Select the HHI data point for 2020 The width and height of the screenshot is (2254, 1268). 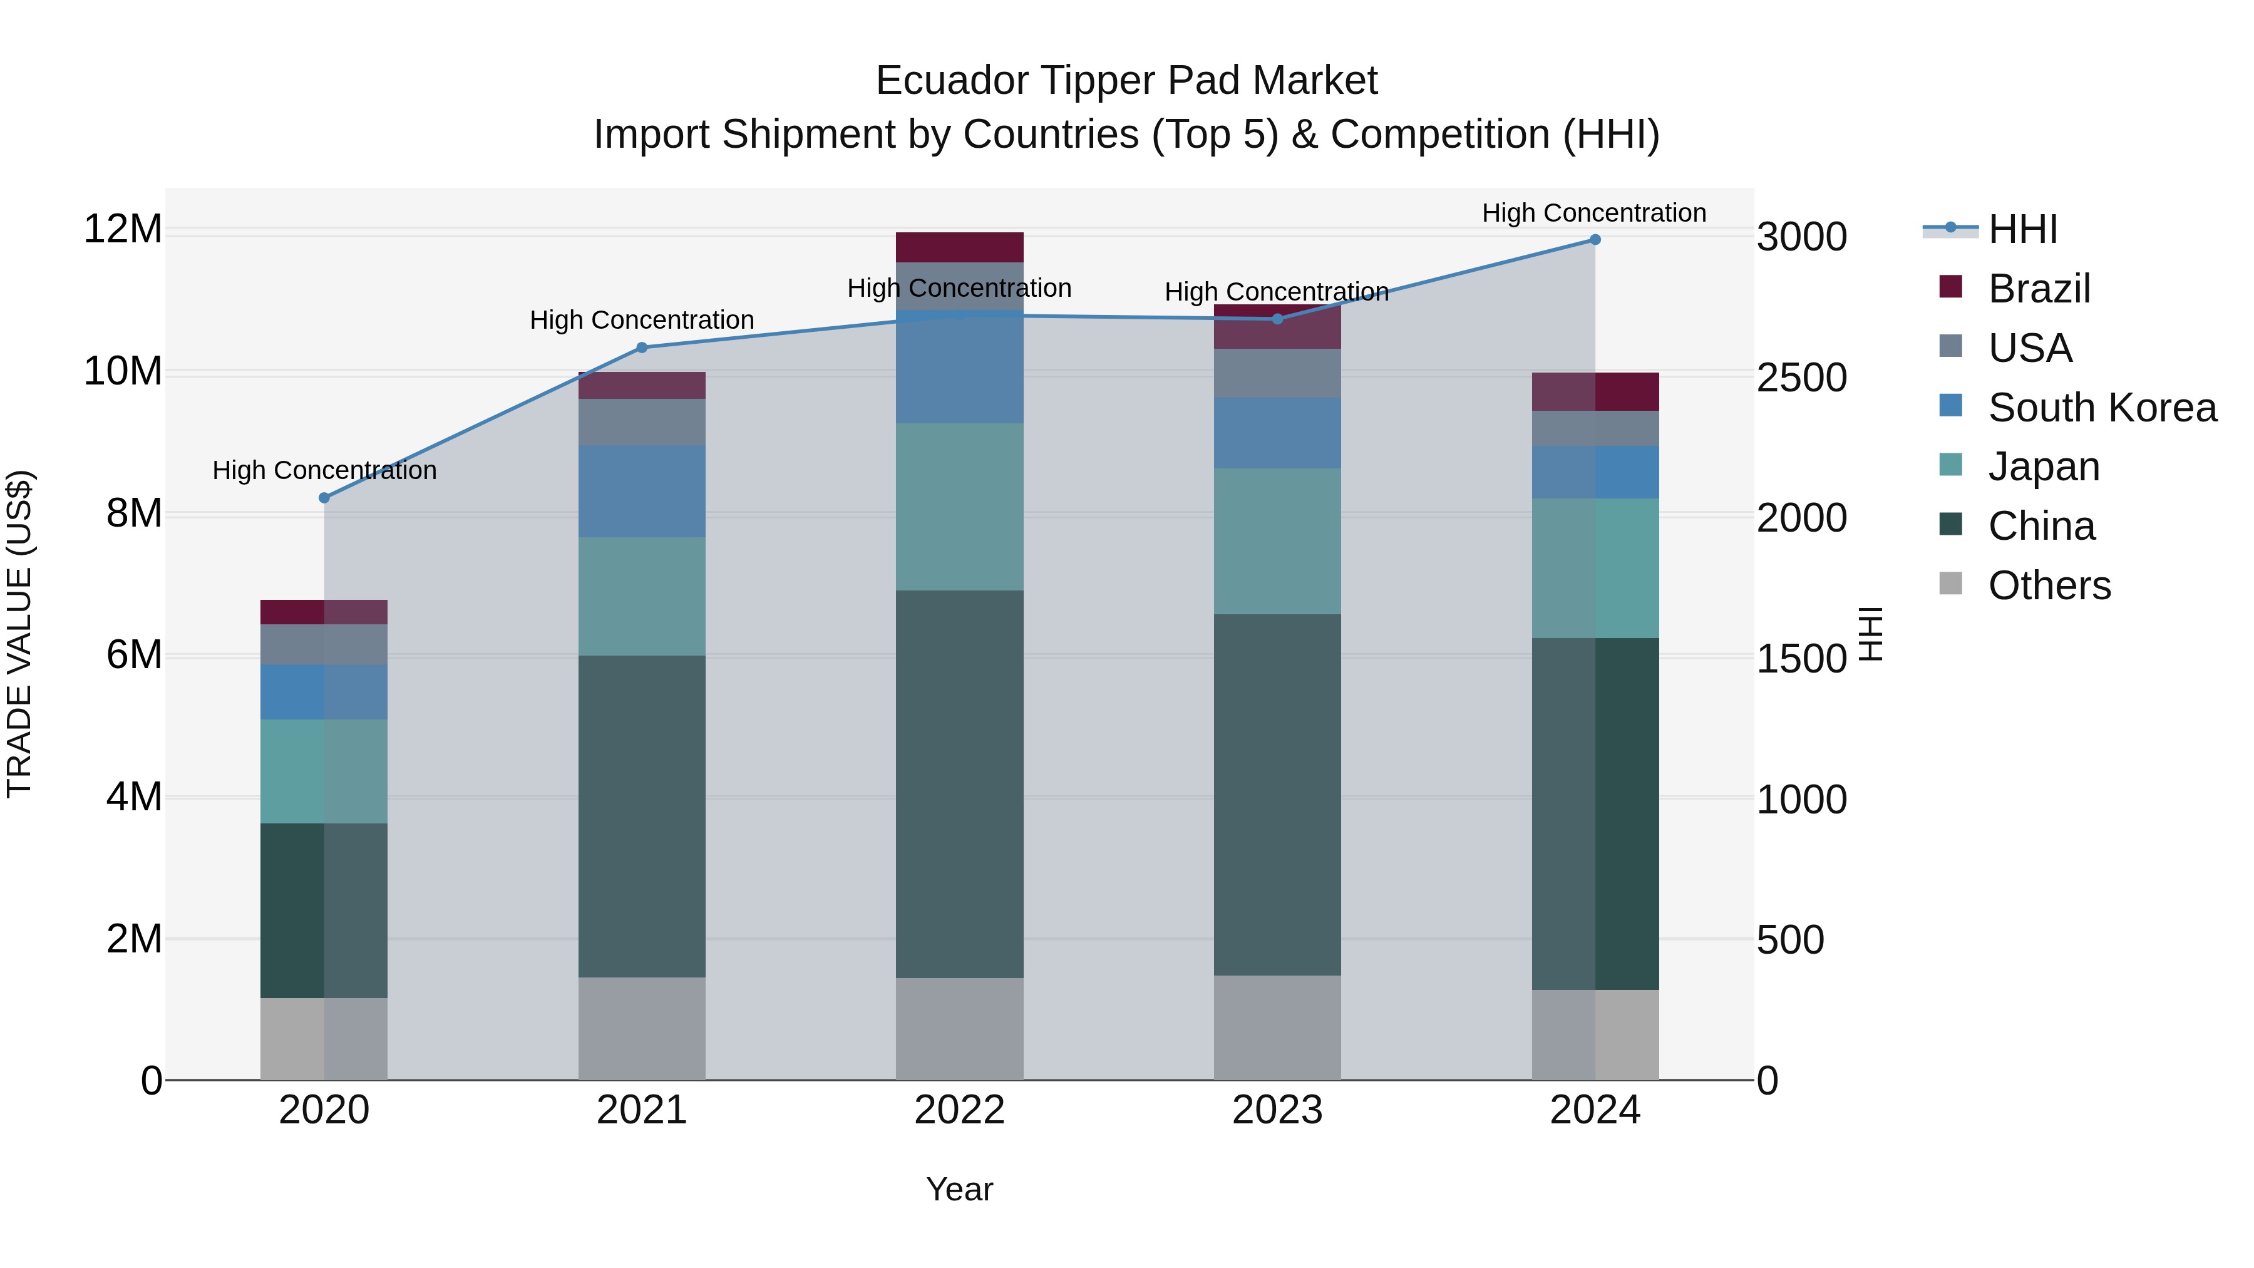(x=324, y=498)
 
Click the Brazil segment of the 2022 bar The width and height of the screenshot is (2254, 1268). (x=959, y=247)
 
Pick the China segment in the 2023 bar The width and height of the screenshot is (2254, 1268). (x=1277, y=795)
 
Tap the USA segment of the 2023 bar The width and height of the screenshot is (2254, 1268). (x=1277, y=374)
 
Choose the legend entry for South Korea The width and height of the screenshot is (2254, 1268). (x=2102, y=408)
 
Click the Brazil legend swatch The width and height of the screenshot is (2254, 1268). (x=1950, y=287)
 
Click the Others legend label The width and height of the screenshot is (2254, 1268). (x=2049, y=585)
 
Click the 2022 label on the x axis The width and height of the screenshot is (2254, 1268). (x=959, y=1110)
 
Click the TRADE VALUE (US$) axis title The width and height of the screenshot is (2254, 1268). (x=19, y=634)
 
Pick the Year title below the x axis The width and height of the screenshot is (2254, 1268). (x=959, y=1189)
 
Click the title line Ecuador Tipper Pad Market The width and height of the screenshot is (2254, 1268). (x=1126, y=81)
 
